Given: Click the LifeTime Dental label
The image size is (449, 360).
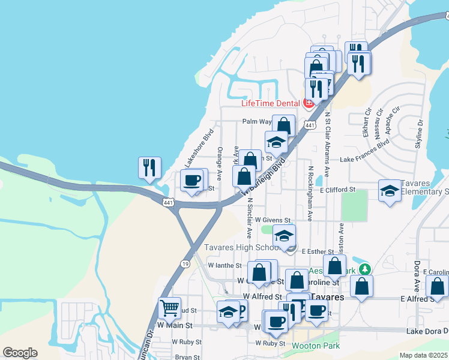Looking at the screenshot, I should tap(270, 103).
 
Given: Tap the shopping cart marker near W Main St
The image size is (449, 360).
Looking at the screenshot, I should tap(170, 309).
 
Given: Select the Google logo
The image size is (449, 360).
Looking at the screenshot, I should tap(20, 353).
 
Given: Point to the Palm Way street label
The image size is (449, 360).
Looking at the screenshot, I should tap(257, 121).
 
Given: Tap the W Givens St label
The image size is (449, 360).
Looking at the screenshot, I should tap(274, 221).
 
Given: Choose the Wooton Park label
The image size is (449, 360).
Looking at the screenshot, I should tap(316, 346).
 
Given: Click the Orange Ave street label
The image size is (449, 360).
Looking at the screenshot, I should tap(220, 164).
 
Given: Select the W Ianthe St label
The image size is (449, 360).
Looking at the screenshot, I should tap(224, 265).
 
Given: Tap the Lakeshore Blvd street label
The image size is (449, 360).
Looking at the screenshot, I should tap(199, 148).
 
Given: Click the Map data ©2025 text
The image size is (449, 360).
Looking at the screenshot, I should tap(424, 355).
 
